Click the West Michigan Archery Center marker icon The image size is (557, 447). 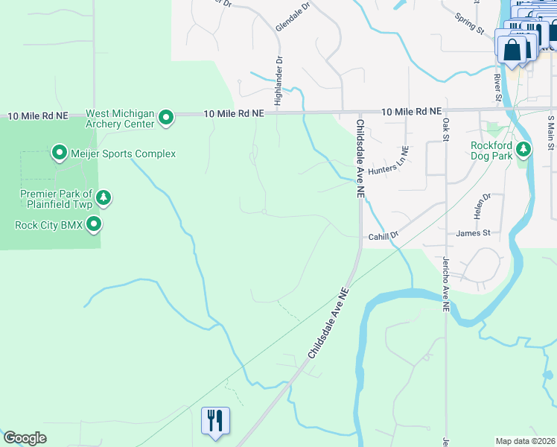click(x=167, y=117)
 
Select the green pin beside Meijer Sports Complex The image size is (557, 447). click(x=59, y=154)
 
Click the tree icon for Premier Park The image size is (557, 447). click(x=105, y=198)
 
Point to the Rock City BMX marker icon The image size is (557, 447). click(x=94, y=223)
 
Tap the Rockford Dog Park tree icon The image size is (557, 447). click(x=524, y=150)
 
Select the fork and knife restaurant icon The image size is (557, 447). click(x=215, y=420)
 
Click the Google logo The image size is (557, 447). click(x=25, y=438)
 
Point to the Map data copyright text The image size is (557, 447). click(x=525, y=441)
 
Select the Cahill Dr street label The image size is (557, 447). click(x=384, y=235)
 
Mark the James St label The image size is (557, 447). click(x=473, y=233)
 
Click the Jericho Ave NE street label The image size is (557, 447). click(x=445, y=284)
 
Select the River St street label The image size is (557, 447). click(x=497, y=86)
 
